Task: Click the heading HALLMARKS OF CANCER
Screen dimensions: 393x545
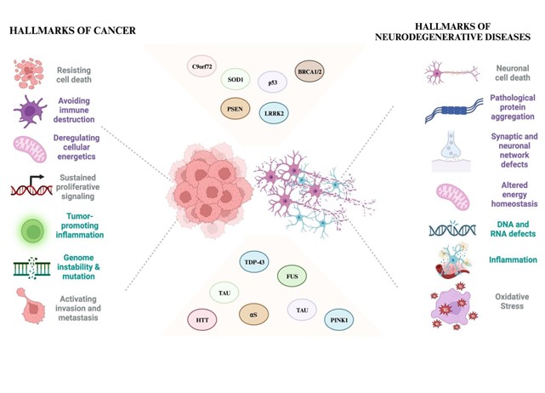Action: [73, 31]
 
